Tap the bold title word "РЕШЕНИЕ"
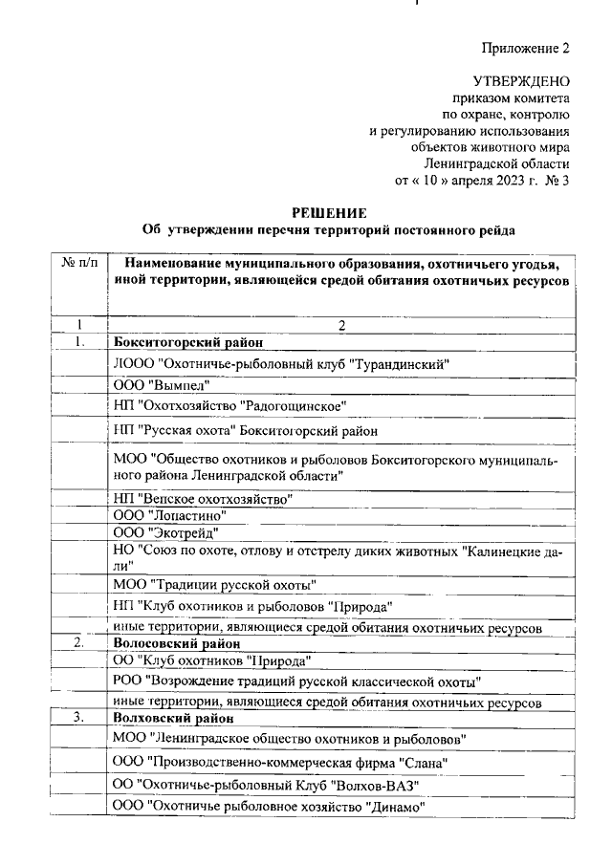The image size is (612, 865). (327, 213)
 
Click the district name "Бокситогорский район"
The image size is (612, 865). (187, 341)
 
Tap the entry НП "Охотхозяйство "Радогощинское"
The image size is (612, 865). (229, 406)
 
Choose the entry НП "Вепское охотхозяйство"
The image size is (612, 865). (202, 498)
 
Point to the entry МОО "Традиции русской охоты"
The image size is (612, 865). (215, 584)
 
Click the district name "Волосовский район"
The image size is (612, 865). (179, 643)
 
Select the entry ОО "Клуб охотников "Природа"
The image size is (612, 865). (212, 660)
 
